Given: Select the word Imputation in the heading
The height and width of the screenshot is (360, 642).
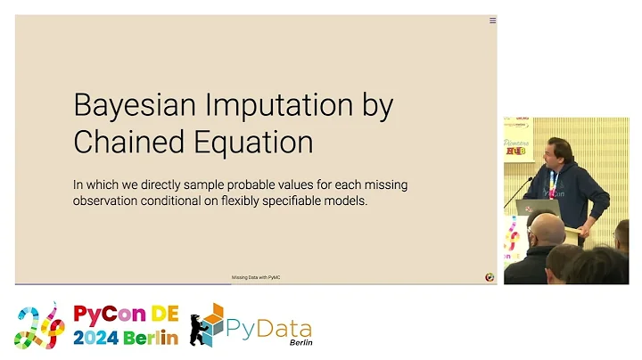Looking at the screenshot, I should coord(270,107).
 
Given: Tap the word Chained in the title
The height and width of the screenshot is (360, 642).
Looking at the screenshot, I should coord(126,142).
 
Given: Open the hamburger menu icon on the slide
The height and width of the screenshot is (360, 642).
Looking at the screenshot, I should coord(492,20).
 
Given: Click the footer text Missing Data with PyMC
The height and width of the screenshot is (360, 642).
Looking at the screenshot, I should coord(256,277).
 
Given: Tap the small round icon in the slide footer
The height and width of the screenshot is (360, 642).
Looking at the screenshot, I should coord(489,277).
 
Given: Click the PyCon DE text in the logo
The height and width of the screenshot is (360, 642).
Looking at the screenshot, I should coord(125,315).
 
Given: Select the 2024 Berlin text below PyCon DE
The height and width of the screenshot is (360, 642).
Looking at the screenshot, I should coord(125,338).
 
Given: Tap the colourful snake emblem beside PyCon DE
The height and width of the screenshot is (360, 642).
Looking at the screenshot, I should coord(41,325).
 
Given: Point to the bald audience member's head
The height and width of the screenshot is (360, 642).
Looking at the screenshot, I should coord(546,230).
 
